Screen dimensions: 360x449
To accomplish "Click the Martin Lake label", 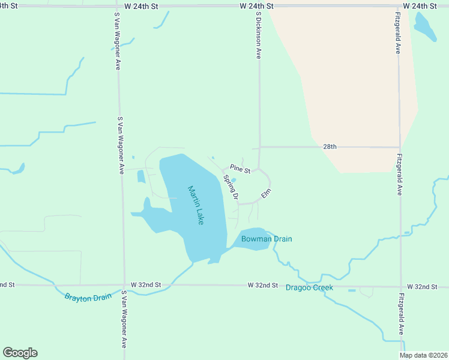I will pos(196,205).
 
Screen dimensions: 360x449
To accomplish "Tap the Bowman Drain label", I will pos(267,239).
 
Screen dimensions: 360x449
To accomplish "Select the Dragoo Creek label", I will pos(309,287).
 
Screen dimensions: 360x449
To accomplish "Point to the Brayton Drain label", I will pos(88,296).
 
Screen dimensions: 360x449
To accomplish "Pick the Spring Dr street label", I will pos(231,187).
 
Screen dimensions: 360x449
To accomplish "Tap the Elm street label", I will pos(267,194).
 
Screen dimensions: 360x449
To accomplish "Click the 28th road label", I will pos(330,146).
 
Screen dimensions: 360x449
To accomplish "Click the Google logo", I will pos(20,353).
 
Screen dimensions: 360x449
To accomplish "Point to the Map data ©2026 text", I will pos(424,355).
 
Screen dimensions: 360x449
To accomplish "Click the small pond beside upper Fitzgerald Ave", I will pos(425,26).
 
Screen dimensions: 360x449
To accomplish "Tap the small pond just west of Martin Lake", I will pos(141,176).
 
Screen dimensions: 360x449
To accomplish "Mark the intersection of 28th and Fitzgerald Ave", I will pos(399,147).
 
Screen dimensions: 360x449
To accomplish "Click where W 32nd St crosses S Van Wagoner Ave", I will pos(123,285).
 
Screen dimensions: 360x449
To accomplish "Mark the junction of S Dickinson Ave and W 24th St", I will pos(259,6).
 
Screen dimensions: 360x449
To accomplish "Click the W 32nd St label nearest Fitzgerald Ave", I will pos(421,287).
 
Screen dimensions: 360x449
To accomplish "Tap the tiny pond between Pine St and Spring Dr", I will pos(234,179).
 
